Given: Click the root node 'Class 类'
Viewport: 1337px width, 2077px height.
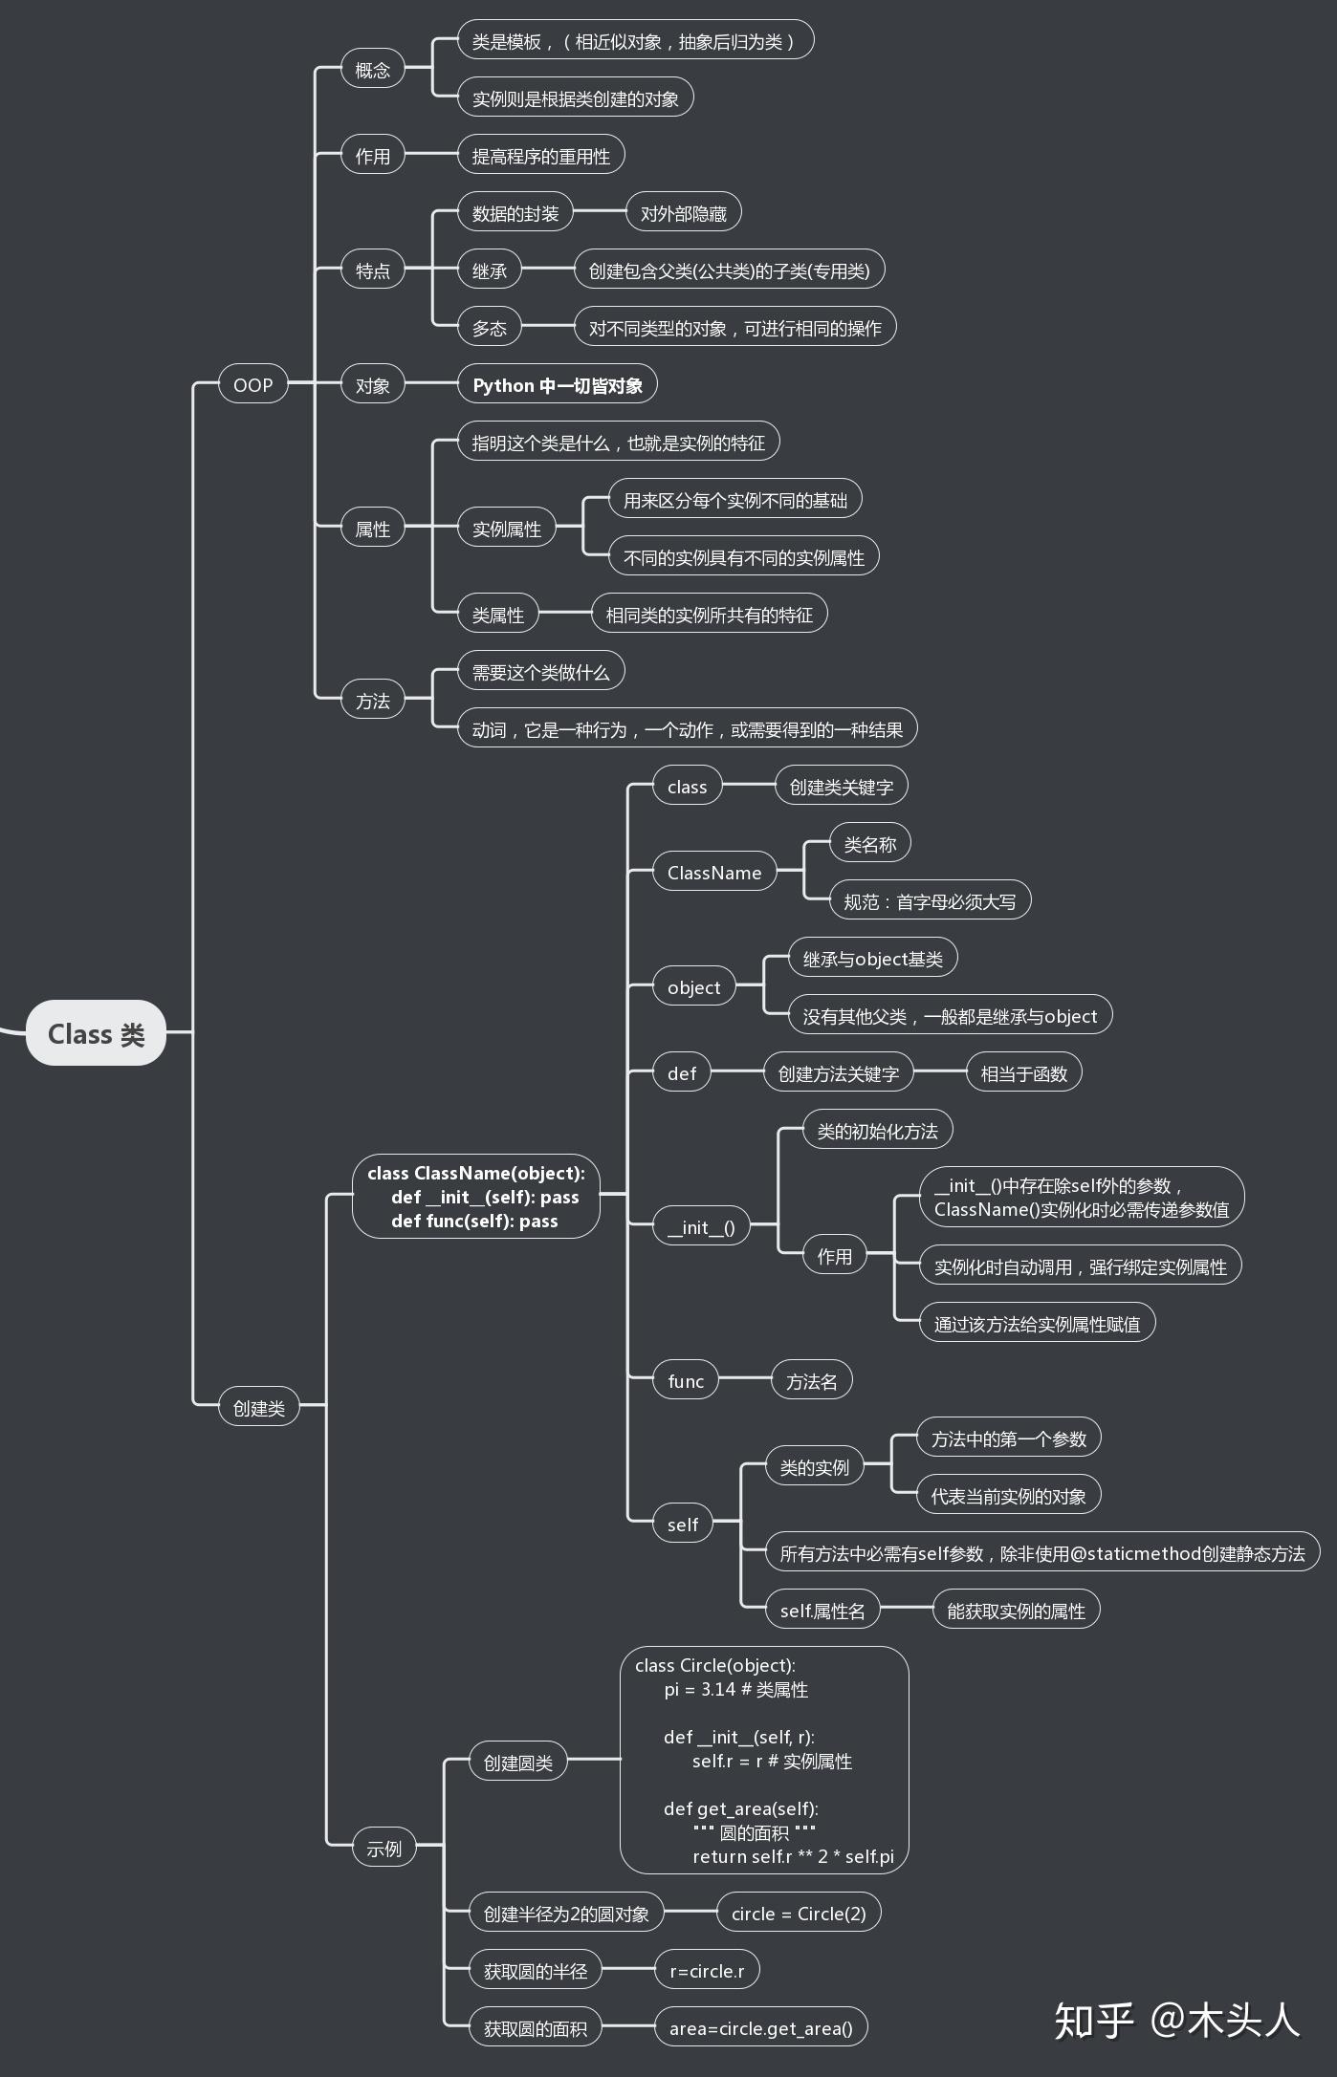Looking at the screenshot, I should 96,1033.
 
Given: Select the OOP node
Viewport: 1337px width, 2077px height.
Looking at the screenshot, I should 252,385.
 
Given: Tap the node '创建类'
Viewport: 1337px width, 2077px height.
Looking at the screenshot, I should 258,1408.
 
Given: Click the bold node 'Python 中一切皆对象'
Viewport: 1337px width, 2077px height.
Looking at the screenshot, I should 558,385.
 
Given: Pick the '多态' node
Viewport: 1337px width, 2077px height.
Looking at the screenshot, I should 489,328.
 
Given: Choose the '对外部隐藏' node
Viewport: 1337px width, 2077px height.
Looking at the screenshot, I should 683,213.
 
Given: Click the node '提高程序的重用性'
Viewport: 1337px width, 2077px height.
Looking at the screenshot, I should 540,156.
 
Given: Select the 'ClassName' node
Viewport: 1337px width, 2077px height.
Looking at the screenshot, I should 714,873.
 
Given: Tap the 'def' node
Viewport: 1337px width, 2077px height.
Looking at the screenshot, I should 681,1073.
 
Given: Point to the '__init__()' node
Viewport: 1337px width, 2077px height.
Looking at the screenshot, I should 701,1227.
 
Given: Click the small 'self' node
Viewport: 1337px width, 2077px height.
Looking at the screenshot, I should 682,1525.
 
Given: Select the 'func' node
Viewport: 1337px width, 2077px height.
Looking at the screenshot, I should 685,1381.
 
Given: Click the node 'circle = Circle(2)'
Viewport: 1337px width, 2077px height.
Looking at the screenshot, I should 798,1914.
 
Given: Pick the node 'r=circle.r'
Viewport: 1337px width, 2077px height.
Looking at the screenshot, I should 707,1971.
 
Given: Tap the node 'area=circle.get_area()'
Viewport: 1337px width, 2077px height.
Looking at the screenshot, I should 760,2028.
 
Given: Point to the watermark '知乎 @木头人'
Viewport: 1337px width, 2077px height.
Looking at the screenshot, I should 1176,2021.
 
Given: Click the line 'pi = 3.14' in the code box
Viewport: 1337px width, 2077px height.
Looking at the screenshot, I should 735,1689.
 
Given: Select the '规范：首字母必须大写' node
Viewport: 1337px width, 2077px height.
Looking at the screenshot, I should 929,901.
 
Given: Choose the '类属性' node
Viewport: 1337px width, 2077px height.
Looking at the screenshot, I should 497,615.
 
